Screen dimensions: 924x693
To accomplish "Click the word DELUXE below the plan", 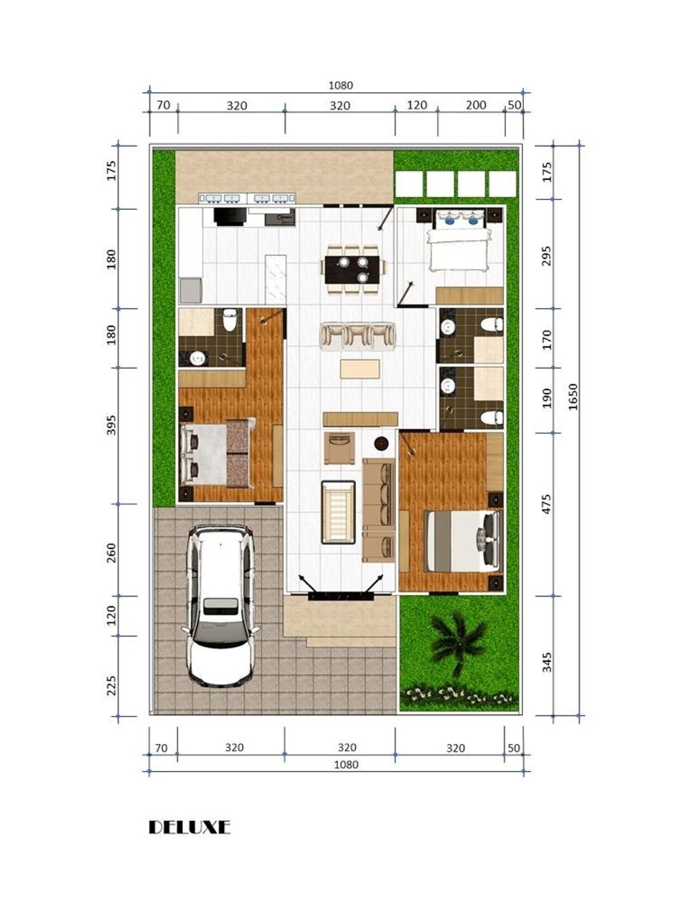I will coord(189,827).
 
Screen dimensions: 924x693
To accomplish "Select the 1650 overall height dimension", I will coord(573,397).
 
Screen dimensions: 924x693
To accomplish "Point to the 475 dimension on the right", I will coord(547,504).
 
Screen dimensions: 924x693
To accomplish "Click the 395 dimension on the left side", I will coord(112,425).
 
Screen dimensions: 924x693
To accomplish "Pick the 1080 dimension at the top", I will coord(340,85).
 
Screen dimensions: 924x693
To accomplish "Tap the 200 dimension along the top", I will coord(476,105).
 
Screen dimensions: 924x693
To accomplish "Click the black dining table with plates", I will coord(353,269).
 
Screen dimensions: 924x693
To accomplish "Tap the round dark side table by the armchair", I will coord(381,443).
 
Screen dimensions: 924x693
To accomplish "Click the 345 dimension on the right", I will coord(547,661).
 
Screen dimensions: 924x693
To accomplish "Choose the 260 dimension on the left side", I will coord(112,552).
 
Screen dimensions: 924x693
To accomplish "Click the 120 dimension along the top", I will coord(417,105).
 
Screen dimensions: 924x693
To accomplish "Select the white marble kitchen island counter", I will coord(275,280).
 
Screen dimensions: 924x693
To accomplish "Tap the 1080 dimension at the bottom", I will coord(346,764).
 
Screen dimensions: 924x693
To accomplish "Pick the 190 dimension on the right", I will coord(547,398).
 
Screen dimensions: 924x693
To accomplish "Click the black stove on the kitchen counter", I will coord(229,216).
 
